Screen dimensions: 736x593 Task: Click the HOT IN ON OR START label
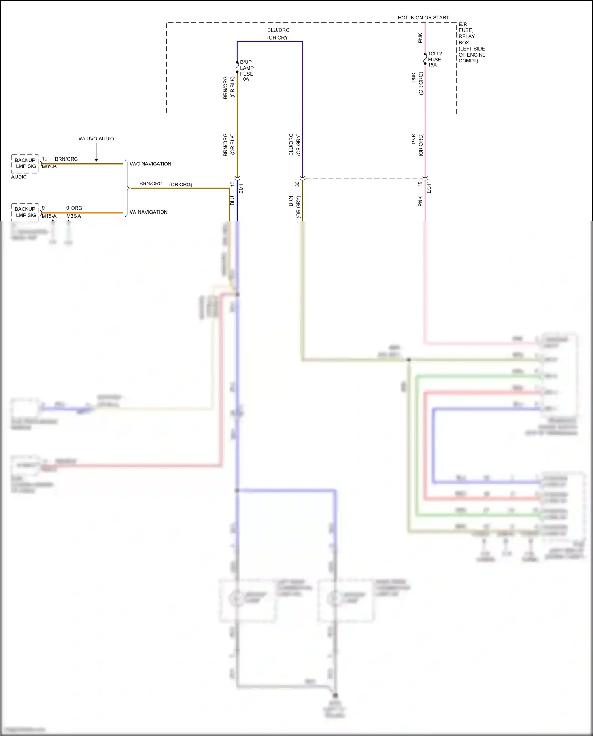click(423, 18)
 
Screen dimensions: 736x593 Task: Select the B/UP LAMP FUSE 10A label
click(247, 70)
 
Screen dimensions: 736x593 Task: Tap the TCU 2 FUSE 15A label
click(434, 59)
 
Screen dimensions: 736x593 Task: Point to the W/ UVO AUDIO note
click(96, 139)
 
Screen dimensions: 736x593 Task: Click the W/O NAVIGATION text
click(151, 164)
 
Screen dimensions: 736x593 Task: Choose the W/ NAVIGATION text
click(149, 212)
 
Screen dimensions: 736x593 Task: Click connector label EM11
click(241, 187)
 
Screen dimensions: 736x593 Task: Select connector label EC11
click(429, 187)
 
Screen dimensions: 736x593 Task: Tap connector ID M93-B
click(49, 167)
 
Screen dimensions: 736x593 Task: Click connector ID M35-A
click(74, 216)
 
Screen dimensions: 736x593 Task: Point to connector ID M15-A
click(49, 216)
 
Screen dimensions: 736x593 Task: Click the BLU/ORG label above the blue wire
click(278, 30)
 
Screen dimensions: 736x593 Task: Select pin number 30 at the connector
click(297, 184)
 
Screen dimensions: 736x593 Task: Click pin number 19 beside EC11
click(420, 184)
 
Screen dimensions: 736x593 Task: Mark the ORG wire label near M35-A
click(77, 208)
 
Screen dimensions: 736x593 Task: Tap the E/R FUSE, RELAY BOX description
click(472, 42)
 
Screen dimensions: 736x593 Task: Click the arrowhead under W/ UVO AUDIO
click(96, 160)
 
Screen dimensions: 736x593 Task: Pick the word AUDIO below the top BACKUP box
click(19, 177)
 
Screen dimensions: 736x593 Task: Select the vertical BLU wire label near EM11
click(232, 201)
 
